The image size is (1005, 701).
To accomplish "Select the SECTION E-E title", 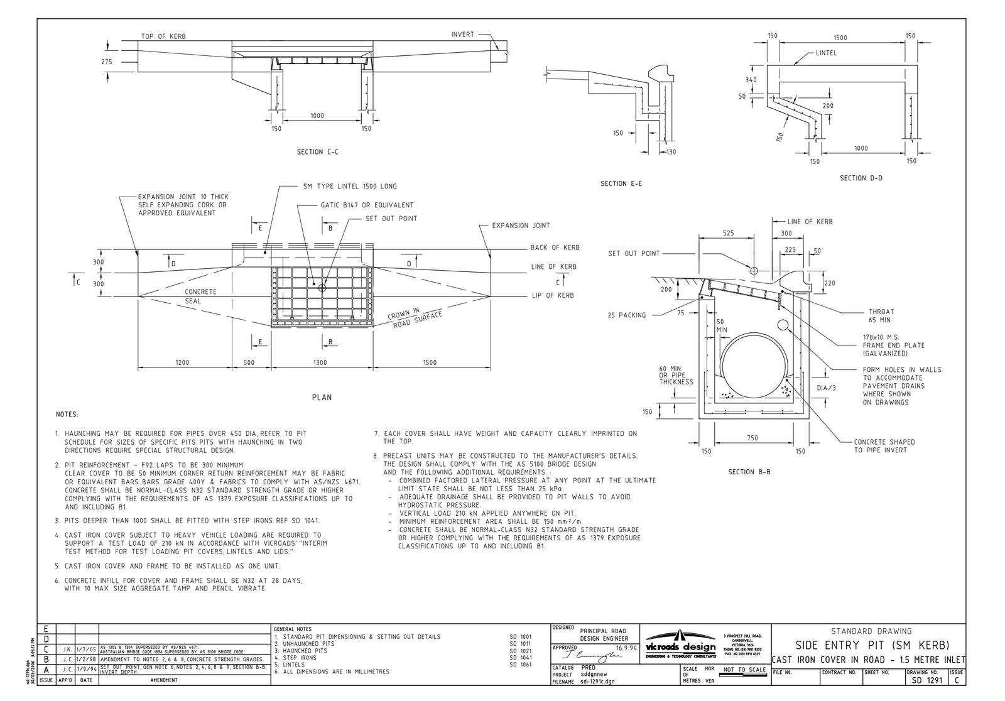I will click(621, 183).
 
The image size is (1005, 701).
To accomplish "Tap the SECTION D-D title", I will click(861, 178).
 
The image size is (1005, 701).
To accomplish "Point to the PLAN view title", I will click(322, 397).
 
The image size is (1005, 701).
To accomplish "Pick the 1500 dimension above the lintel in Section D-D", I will click(840, 38).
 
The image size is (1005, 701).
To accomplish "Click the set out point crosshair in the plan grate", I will click(322, 288).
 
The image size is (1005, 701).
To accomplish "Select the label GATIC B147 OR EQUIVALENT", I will click(367, 205).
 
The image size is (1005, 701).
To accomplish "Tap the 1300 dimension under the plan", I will click(319, 362).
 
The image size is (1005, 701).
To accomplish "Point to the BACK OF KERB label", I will click(555, 247).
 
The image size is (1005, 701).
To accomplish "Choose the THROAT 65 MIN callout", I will click(881, 315).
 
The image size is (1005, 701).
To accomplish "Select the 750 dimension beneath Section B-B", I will click(752, 438).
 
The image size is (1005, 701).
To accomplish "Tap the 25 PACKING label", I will click(626, 315).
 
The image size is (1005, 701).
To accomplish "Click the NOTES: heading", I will click(67, 415).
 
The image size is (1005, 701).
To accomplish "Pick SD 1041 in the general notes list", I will click(521, 658).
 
